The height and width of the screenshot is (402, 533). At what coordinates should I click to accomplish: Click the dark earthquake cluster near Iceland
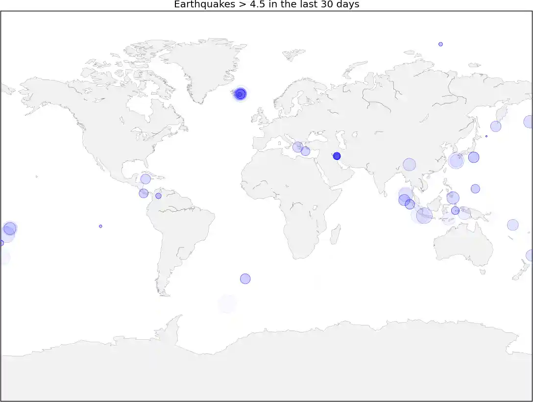click(240, 94)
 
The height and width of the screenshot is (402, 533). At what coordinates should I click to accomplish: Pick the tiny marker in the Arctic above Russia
click(440, 44)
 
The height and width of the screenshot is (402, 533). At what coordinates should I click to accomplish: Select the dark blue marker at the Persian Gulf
click(337, 156)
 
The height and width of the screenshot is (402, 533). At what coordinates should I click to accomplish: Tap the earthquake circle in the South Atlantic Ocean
click(245, 278)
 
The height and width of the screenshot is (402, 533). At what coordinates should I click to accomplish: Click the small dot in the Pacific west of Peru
click(100, 226)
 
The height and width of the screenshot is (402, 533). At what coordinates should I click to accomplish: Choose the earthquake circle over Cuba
click(145, 179)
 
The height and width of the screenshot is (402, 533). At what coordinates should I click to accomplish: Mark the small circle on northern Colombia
click(158, 196)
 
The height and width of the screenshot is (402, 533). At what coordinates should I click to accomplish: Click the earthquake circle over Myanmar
click(409, 165)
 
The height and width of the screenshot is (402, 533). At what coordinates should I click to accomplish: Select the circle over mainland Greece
click(297, 147)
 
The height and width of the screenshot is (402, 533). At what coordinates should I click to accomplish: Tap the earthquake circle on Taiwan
click(456, 160)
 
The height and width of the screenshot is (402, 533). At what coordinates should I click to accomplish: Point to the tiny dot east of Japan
click(486, 136)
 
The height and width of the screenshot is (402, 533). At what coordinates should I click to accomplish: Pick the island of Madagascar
click(336, 234)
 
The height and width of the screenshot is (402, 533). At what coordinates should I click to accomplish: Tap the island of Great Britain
click(258, 116)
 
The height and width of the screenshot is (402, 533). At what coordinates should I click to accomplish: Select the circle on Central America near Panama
click(144, 193)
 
